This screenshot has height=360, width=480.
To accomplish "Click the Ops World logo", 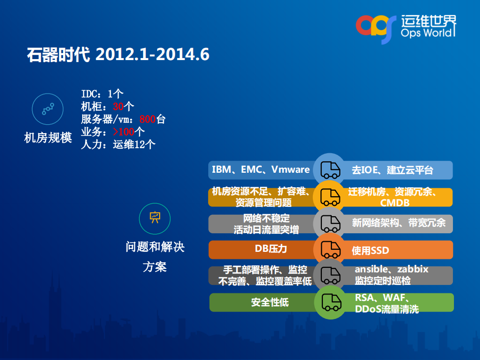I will point(406,27).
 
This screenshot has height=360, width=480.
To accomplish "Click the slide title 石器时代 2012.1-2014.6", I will point(118,55).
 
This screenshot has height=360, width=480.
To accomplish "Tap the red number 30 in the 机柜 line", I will point(118,106).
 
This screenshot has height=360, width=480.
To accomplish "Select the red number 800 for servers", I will point(147,119).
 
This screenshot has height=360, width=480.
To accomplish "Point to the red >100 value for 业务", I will point(124,132).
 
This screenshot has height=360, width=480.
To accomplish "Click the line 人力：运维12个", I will point(118,145).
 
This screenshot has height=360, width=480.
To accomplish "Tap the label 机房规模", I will point(48,138).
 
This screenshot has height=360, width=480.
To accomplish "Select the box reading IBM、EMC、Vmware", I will point(261,170).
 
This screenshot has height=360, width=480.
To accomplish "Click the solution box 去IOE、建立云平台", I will point(392,170).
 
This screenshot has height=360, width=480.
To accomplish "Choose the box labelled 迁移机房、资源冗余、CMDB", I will point(394,197).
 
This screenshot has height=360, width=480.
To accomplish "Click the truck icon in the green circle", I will point(330,302).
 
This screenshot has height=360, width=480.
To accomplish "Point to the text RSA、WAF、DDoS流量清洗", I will point(386,302).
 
